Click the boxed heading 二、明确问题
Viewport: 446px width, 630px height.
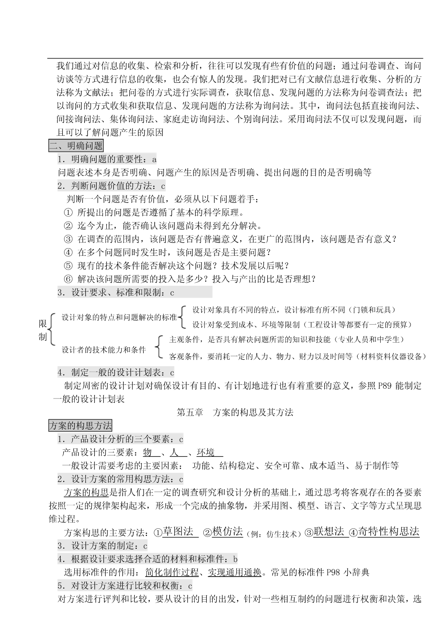pos(76,146)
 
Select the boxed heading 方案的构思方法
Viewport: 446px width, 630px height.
pos(80,425)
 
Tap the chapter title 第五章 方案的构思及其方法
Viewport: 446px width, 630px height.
pos(235,412)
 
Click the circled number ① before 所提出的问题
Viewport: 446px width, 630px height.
pos(68,212)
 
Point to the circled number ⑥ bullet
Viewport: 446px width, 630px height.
pos(68,279)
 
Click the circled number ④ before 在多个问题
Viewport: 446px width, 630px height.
pos(68,252)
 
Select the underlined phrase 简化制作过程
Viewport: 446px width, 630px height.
pos(172,572)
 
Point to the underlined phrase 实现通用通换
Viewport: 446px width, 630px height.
pos(235,572)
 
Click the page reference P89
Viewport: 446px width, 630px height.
pos(385,386)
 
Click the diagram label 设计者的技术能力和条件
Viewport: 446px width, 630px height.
pos(104,349)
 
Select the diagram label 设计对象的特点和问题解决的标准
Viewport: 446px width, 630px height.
pos(119,317)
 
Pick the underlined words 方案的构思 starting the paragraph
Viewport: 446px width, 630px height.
pos(86,492)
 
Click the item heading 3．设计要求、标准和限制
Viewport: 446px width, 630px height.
pos(116,293)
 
